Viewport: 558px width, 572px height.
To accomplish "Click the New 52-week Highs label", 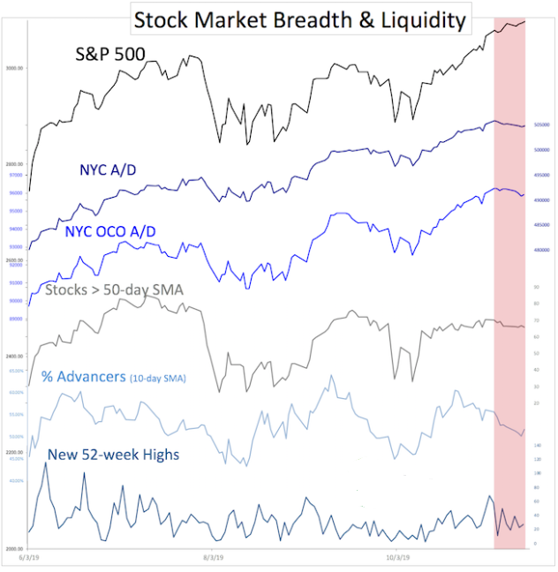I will tap(113, 454).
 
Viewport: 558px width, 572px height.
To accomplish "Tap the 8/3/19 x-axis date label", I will tap(215, 558).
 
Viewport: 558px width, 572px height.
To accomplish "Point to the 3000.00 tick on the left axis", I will tap(14, 68).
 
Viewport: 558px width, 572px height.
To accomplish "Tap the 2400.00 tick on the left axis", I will tap(14, 357).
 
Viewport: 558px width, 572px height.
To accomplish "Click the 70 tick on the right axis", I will tap(537, 320).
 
